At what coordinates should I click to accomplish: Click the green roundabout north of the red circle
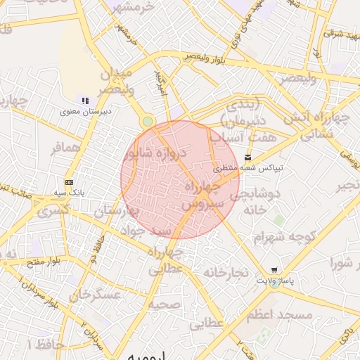click(147, 122)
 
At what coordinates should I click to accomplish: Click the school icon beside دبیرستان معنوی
click(85, 101)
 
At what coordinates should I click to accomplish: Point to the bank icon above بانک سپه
click(69, 181)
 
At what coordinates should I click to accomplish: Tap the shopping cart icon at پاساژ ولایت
click(274, 270)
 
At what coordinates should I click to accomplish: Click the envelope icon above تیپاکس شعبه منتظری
click(246, 157)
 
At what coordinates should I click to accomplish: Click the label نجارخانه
click(232, 272)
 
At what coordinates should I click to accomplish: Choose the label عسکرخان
click(96, 295)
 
